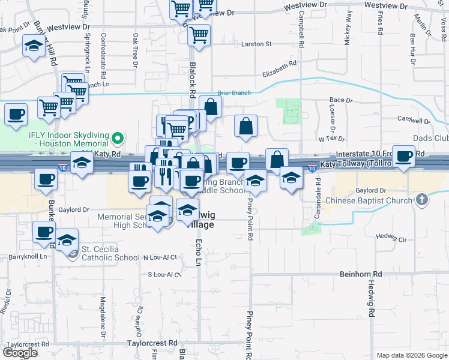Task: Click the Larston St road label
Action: (x=256, y=44)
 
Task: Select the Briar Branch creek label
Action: (x=234, y=92)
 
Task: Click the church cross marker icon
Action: (x=422, y=200)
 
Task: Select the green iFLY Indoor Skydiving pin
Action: (x=118, y=140)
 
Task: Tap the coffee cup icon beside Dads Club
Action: (x=404, y=156)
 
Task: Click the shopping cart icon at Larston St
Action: (x=199, y=34)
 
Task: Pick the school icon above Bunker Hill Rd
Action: (x=34, y=45)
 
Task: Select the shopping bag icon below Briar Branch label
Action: (x=210, y=106)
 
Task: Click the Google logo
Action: (x=20, y=353)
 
